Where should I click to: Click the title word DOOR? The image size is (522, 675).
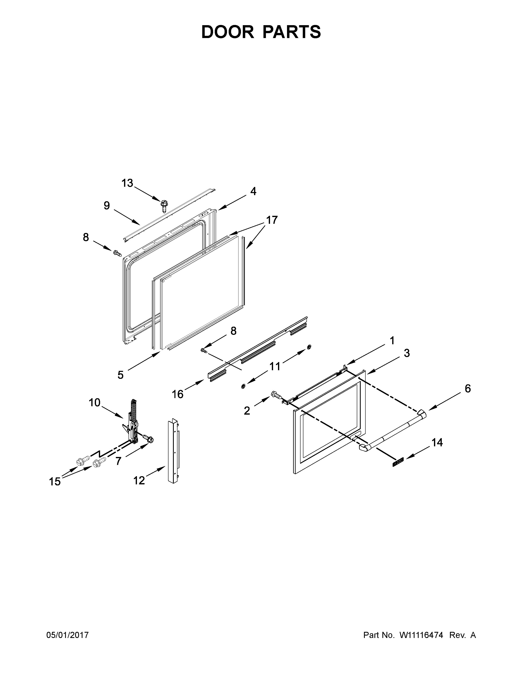coord(227,32)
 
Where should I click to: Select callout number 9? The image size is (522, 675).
coord(107,206)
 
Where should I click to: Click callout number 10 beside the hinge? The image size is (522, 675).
coord(95,402)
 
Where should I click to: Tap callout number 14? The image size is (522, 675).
coord(437,443)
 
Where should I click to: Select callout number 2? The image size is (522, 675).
coord(247,411)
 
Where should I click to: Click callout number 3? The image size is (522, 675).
coord(407,353)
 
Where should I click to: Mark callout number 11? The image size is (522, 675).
coord(275,366)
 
